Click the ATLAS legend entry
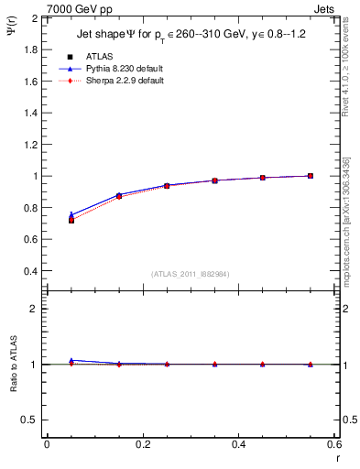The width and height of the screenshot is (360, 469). point(95,56)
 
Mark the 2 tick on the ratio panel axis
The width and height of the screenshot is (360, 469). point(34,309)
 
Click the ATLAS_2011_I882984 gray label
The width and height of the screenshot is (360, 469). point(190,274)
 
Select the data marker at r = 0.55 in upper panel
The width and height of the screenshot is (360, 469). point(311,176)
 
